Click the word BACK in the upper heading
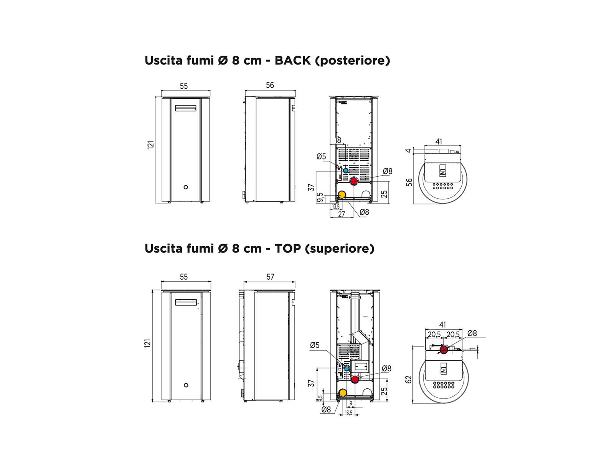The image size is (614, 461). click(x=292, y=60)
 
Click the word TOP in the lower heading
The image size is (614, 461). click(x=288, y=248)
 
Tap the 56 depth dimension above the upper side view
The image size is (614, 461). click(x=270, y=85)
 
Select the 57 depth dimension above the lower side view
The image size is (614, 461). click(x=270, y=277)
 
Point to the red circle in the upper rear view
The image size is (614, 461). click(x=354, y=181)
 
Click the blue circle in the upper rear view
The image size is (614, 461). click(x=346, y=171)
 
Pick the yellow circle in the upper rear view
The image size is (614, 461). click(x=342, y=194)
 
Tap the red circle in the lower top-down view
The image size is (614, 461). click(x=444, y=350)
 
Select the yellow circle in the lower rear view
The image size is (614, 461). click(x=343, y=393)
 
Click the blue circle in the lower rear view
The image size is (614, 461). click(x=347, y=369)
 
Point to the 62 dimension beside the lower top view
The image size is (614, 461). click(x=409, y=379)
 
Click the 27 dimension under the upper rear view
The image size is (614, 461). click(x=341, y=214)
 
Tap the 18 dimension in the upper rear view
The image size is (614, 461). click(x=338, y=140)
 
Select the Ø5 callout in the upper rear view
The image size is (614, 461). click(x=321, y=156)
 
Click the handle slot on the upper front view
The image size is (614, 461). click(x=185, y=108)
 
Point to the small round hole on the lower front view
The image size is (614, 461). click(x=186, y=385)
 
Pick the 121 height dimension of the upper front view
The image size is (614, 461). click(x=151, y=145)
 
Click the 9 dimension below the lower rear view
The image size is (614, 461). click(x=351, y=403)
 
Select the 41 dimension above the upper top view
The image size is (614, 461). click(x=438, y=142)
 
